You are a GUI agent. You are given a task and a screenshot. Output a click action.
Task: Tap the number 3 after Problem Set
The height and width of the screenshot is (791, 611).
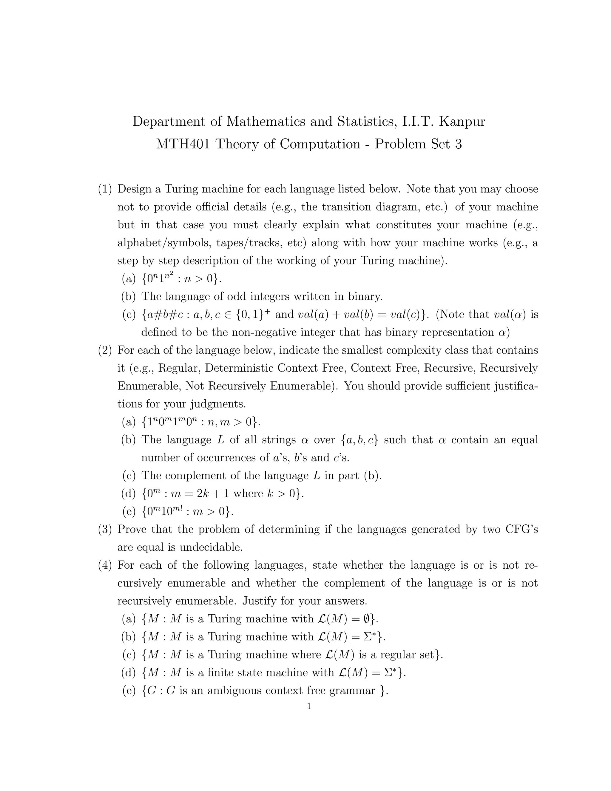[458, 144]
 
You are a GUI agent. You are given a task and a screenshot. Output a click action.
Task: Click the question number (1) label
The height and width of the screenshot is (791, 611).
[105, 189]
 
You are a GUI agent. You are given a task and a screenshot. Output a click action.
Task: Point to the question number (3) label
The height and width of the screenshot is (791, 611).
[105, 530]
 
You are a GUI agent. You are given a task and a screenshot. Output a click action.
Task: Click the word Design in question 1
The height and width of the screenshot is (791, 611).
[135, 189]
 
